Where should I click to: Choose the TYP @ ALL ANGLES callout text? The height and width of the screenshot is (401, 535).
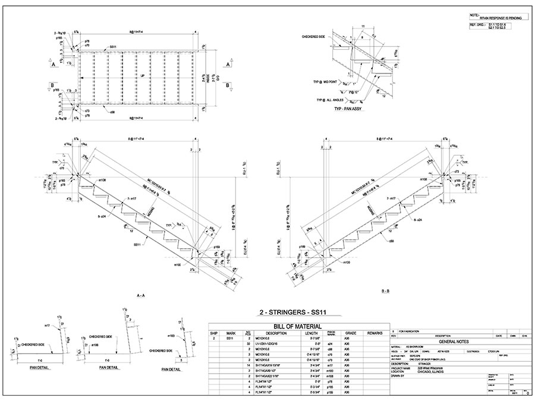tap(329, 100)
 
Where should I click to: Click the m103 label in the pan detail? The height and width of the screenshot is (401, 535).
tap(172, 336)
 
